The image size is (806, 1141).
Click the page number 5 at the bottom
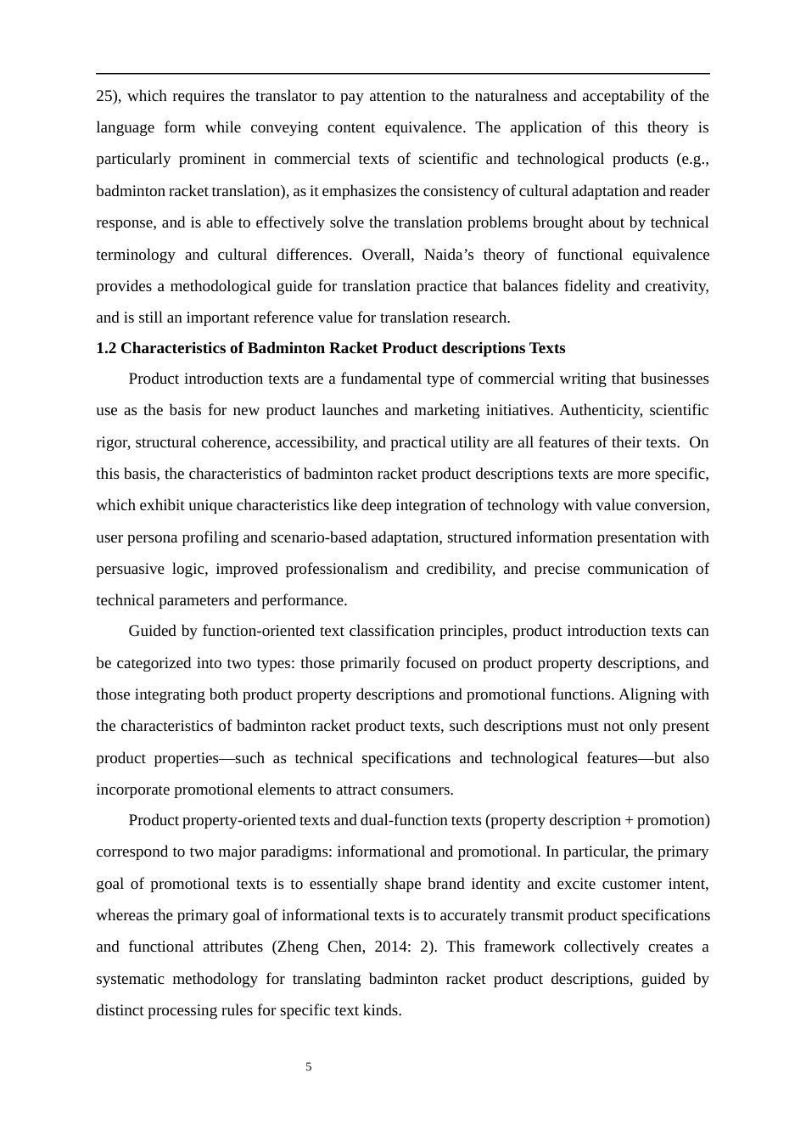click(x=309, y=1067)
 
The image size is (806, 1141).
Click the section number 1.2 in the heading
click(x=105, y=348)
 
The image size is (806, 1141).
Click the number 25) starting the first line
click(x=108, y=96)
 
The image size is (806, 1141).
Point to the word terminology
click(x=136, y=255)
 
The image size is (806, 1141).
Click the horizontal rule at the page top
click(x=403, y=74)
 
